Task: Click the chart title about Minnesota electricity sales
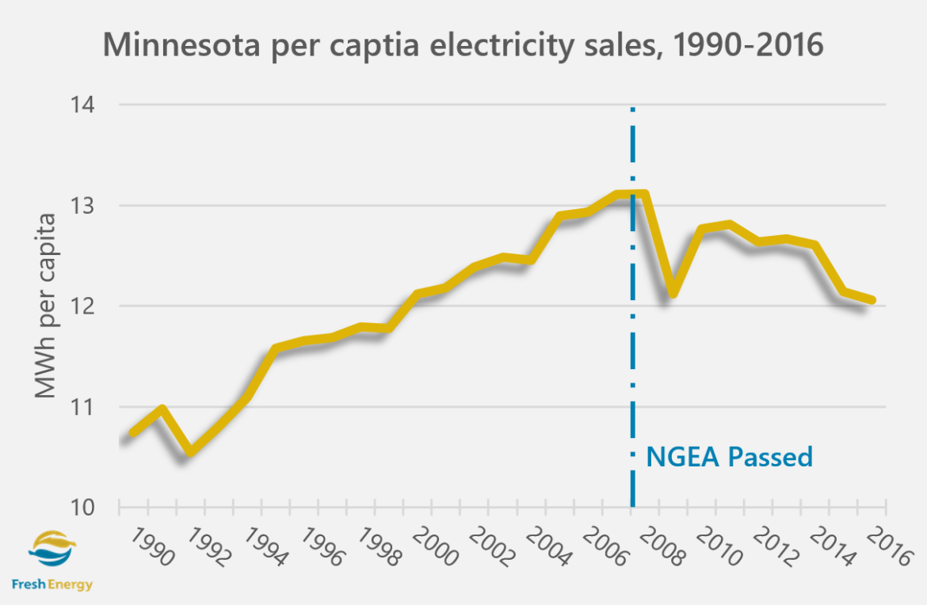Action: click(x=463, y=45)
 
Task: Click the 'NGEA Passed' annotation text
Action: click(x=729, y=457)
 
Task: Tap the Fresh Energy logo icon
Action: click(x=52, y=547)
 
